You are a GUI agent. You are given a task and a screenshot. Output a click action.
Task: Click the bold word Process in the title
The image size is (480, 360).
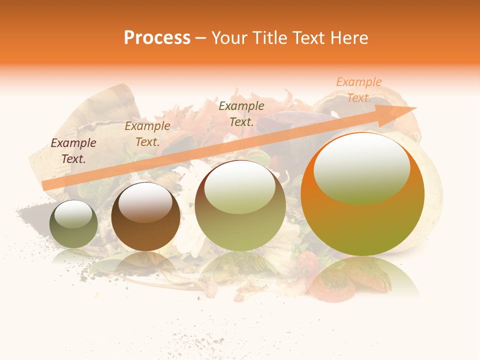157,38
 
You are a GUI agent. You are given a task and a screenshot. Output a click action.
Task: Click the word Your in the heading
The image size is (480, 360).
230,38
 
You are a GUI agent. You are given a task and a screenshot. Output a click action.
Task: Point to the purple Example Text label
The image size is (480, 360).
73,151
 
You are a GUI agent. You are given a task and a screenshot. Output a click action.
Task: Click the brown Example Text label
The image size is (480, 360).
147,134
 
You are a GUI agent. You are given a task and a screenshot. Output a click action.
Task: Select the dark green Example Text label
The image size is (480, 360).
241,114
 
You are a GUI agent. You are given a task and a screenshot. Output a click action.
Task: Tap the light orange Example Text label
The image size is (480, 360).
358,90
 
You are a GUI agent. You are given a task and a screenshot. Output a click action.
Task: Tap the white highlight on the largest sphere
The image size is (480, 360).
361,168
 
